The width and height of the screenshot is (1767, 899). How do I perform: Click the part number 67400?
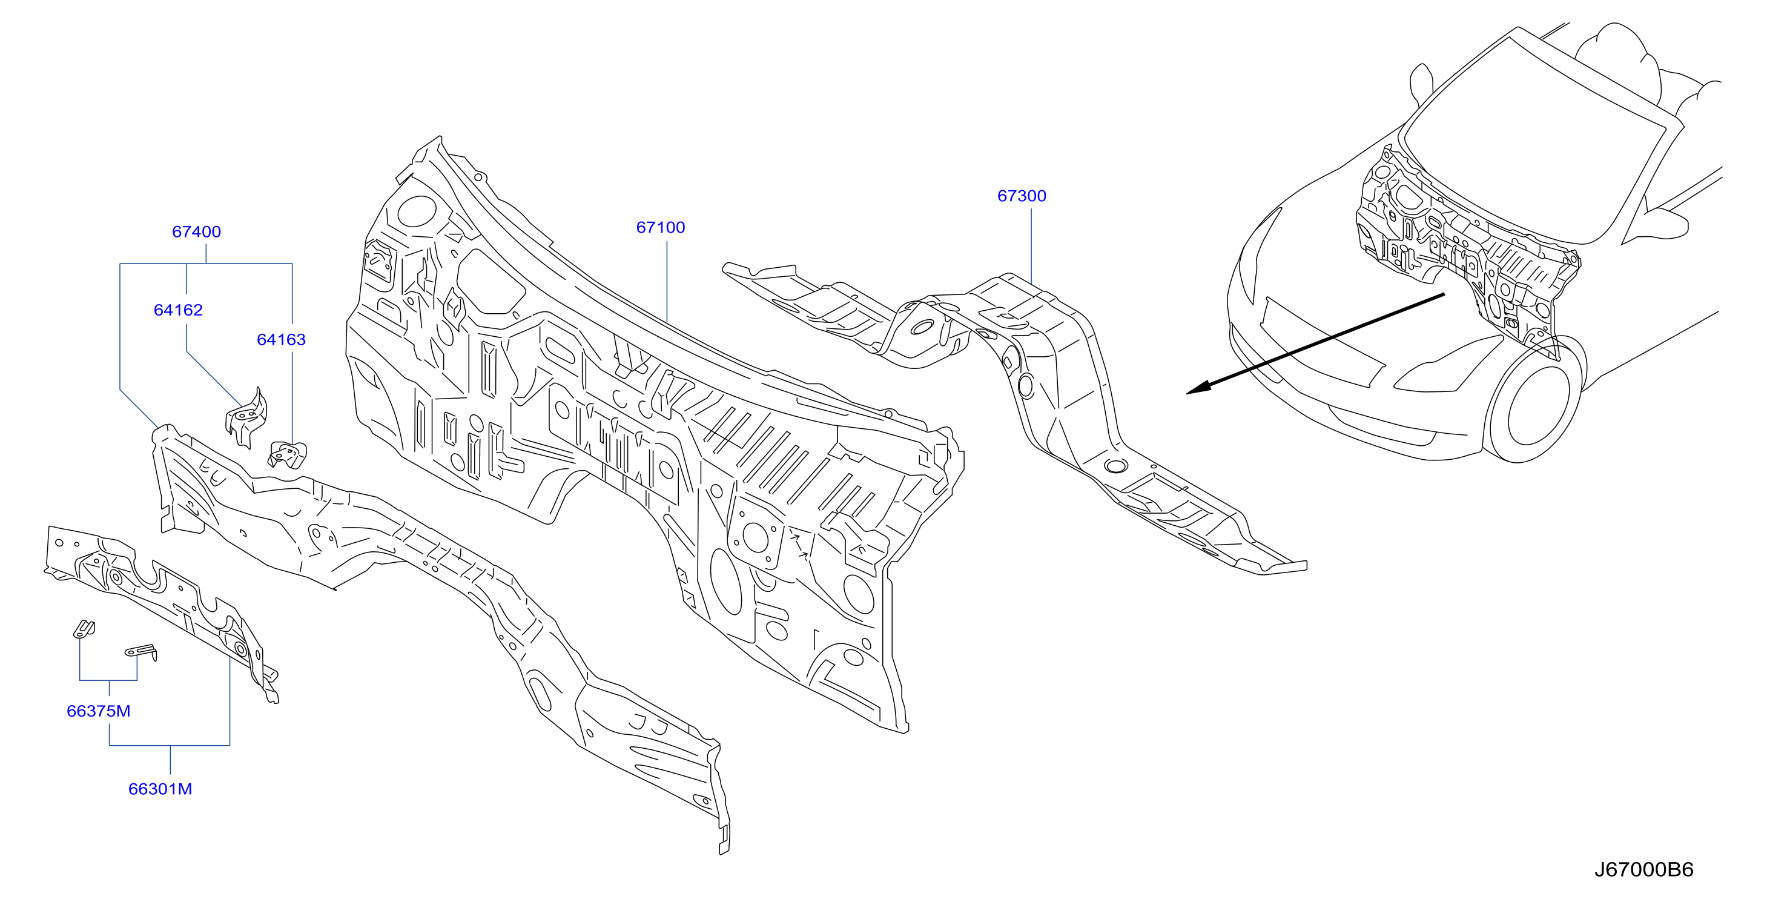coord(196,232)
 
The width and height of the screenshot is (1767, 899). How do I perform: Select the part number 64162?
coord(179,310)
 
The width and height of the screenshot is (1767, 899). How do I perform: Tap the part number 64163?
coord(281,340)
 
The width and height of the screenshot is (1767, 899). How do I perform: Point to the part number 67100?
coord(661,228)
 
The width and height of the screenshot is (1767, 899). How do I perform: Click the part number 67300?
coord(1022,196)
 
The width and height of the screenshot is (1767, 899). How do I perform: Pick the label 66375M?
coord(98,711)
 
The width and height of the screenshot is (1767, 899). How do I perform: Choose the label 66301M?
coord(160,789)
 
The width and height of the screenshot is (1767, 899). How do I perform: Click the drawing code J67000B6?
coord(1643,870)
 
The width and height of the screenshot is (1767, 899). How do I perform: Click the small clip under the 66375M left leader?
coord(84,629)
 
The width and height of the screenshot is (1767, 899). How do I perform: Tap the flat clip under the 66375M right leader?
coord(141,652)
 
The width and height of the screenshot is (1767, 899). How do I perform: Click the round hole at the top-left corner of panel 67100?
coord(417,211)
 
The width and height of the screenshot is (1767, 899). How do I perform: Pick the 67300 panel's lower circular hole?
coord(1115,466)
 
